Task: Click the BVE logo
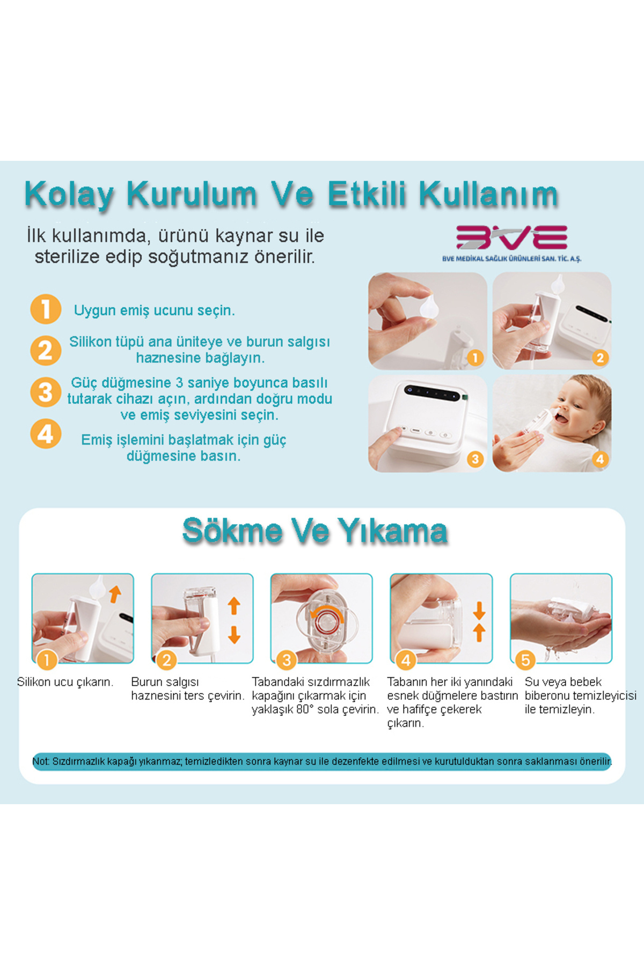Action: pyautogui.click(x=511, y=237)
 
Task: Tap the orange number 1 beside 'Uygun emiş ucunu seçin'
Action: pyautogui.click(x=46, y=309)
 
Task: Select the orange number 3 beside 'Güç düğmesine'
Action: pyautogui.click(x=46, y=392)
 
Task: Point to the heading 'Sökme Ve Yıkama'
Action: pyautogui.click(x=315, y=531)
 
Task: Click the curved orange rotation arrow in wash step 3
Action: pyautogui.click(x=322, y=615)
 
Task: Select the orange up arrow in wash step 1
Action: pyautogui.click(x=115, y=593)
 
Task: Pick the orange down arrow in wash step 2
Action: pyautogui.click(x=234, y=635)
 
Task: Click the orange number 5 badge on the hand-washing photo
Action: pyautogui.click(x=525, y=660)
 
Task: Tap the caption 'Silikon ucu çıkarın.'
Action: pyautogui.click(x=65, y=682)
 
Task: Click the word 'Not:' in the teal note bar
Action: pyautogui.click(x=41, y=761)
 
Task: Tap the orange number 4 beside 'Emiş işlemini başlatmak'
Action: pyautogui.click(x=46, y=434)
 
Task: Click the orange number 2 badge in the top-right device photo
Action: pyautogui.click(x=600, y=358)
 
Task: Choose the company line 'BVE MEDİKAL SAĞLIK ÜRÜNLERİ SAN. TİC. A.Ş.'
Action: pyautogui.click(x=511, y=258)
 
